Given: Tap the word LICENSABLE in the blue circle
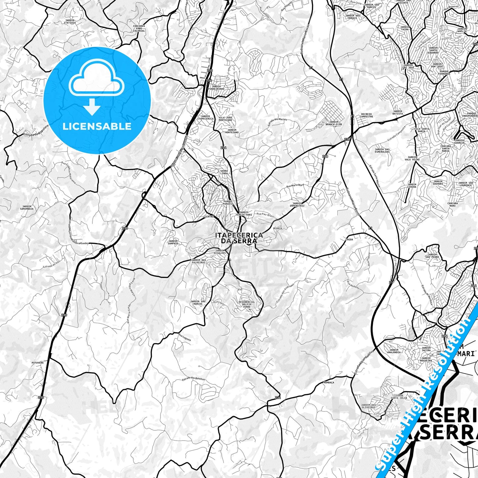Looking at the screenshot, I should pos(97,126).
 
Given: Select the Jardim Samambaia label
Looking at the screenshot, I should pos(27,208).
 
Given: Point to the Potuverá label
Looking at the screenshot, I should pos(37,363).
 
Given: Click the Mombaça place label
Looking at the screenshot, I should pos(328,382).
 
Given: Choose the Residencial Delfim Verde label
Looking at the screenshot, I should pos(247,304).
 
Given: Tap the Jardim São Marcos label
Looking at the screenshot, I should pos(198,302).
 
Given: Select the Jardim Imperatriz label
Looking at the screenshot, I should pos(297,204).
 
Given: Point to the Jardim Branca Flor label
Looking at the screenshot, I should pos(333,123).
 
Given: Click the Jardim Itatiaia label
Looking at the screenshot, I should pos(70,22).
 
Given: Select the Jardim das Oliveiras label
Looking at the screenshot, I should pos(368,406).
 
